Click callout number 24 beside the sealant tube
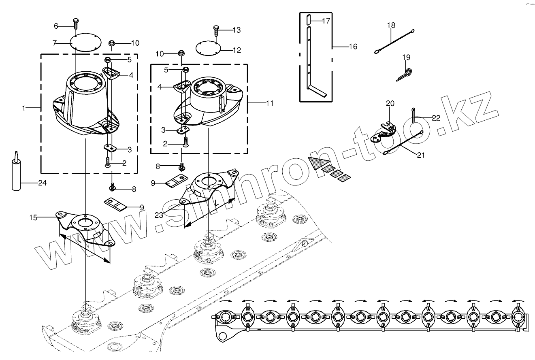click(x=42, y=183)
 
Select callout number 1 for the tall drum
click(x=24, y=108)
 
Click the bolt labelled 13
click(x=216, y=30)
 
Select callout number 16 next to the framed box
click(x=353, y=47)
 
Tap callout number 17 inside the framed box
click(x=326, y=20)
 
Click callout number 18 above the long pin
click(x=391, y=26)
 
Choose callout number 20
click(x=390, y=104)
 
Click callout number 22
click(x=436, y=118)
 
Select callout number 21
click(x=421, y=155)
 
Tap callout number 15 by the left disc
click(x=33, y=218)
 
